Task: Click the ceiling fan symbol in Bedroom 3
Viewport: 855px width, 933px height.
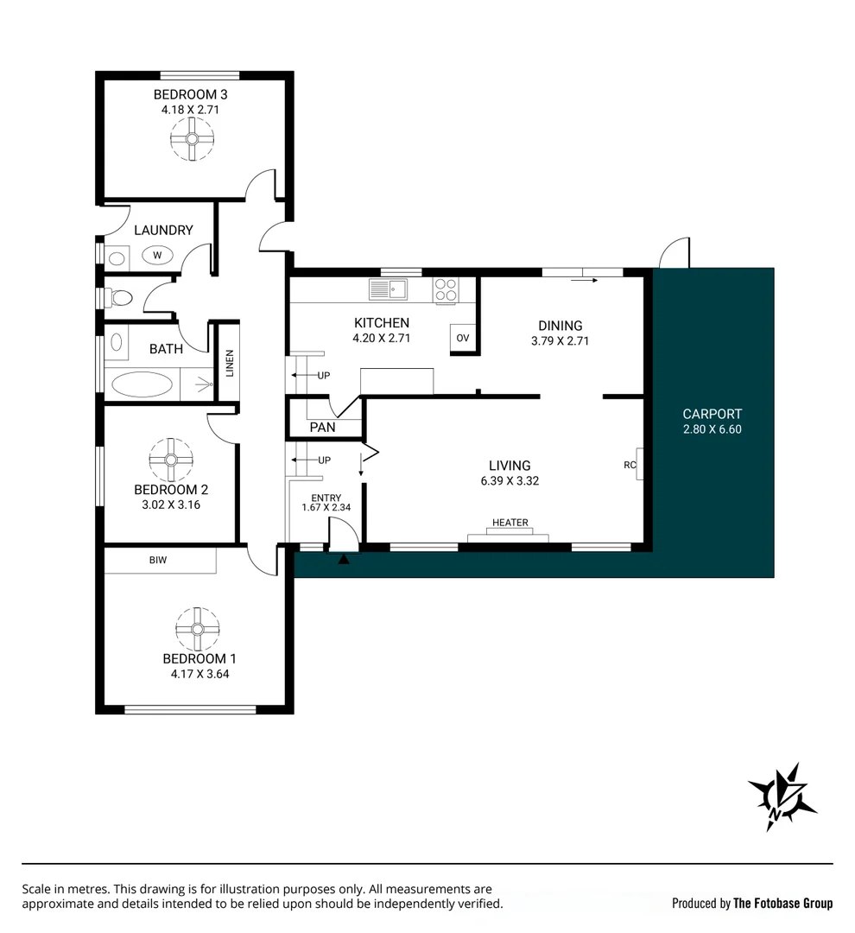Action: tap(192, 139)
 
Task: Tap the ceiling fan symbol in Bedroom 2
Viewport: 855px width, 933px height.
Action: tap(171, 460)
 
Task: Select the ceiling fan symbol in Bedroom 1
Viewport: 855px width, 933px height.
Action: tap(198, 629)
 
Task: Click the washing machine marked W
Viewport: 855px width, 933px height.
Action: tap(157, 255)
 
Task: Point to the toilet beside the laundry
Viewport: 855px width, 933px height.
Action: tap(118, 297)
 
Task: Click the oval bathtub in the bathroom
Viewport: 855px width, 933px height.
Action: tap(142, 385)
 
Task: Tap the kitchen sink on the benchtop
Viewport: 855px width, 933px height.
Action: tap(388, 289)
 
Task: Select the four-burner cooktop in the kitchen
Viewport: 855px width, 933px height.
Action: tap(446, 290)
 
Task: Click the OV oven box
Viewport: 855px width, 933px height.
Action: tap(462, 338)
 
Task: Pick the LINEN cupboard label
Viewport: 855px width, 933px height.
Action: tap(230, 363)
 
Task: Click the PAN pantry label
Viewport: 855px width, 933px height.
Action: tap(322, 428)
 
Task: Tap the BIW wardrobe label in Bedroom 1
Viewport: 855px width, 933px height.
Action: tap(158, 560)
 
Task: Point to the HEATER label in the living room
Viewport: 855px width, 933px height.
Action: tap(510, 523)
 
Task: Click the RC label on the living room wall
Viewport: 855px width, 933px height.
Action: tap(630, 466)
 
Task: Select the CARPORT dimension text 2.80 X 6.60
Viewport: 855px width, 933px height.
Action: tap(712, 429)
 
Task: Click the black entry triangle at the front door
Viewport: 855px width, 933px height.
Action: tap(344, 559)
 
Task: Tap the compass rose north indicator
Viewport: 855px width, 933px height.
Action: tap(782, 797)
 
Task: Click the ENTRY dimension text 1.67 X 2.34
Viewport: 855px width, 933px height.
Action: tap(326, 508)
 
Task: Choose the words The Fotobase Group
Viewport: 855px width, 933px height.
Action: tap(782, 904)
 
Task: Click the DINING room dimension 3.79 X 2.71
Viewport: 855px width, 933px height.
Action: tap(560, 341)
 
